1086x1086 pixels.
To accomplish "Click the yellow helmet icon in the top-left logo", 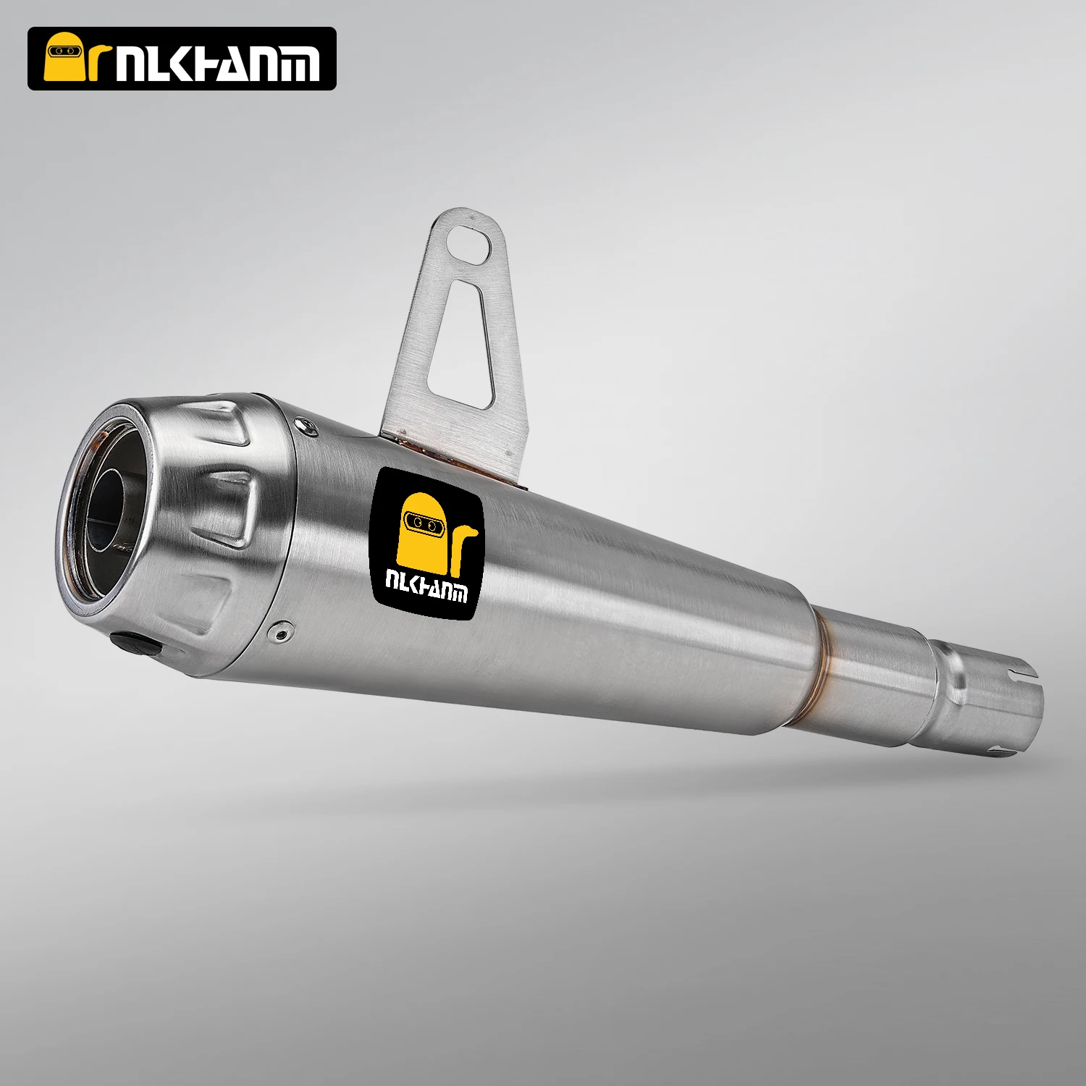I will coord(66,59).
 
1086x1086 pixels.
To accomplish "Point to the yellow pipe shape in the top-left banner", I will coord(102,62).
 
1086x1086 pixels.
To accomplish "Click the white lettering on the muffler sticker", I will coord(426,586).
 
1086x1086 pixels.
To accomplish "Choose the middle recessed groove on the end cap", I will coord(232,507).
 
